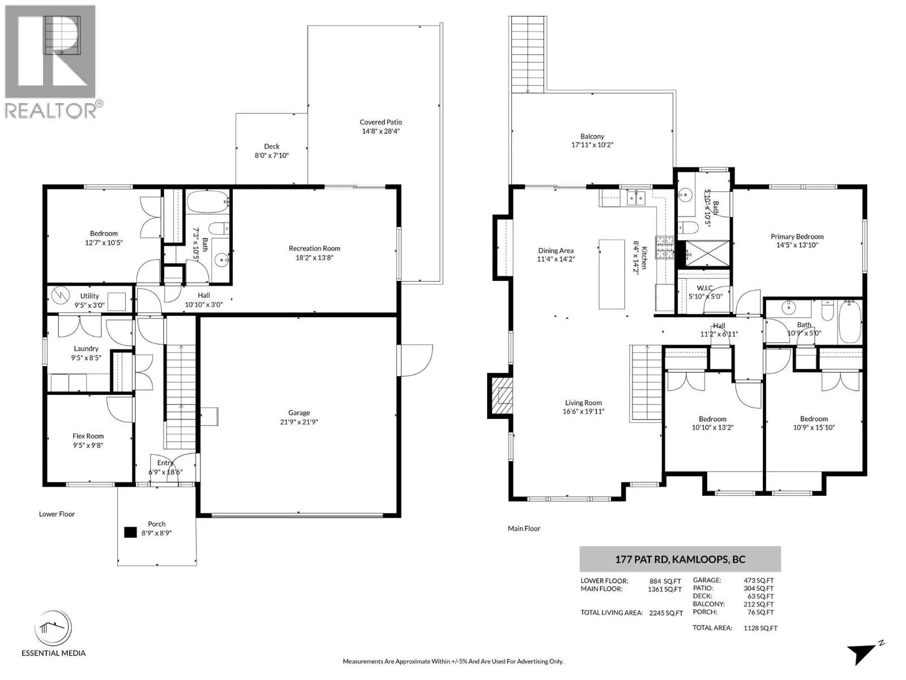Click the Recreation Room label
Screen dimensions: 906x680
[314, 248]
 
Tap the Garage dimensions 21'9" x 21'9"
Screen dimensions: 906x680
[299, 422]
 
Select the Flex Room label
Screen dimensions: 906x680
[88, 436]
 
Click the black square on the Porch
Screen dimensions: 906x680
[130, 532]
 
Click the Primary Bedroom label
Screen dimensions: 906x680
[797, 236]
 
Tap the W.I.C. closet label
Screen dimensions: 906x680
[704, 287]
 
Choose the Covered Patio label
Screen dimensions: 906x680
[381, 122]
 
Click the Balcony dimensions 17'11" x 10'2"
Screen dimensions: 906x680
[592, 145]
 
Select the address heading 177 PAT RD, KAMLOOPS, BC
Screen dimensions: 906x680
[680, 559]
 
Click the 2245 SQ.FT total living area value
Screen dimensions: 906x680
[666, 613]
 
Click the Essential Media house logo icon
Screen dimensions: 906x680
[54, 627]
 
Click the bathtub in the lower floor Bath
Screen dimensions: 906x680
[208, 202]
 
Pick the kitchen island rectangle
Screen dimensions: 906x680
[612, 274]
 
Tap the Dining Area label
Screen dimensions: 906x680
[555, 250]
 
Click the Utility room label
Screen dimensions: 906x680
[89, 296]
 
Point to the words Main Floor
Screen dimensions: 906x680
[524, 529]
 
